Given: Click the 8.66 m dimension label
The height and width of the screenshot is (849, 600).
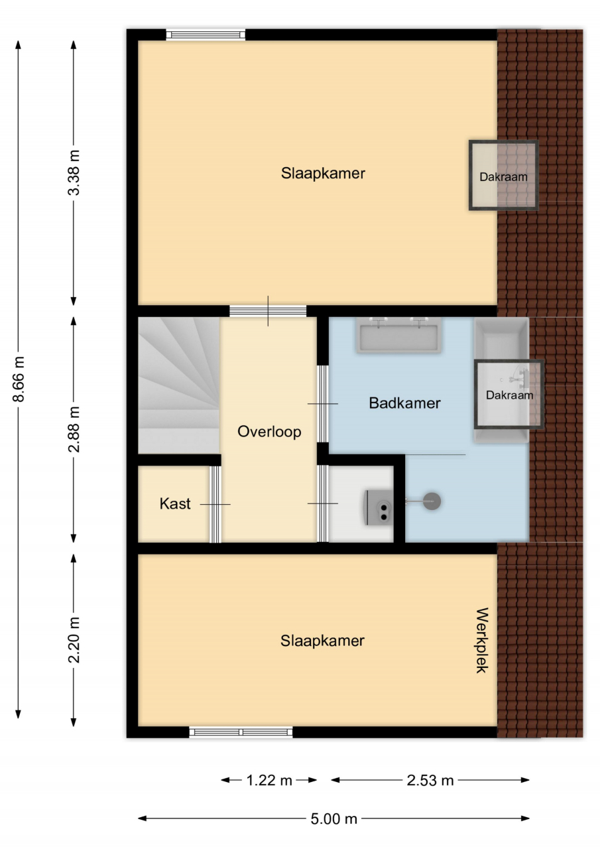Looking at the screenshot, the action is point(19,379).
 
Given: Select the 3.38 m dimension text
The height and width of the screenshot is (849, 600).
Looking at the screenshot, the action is point(74,173).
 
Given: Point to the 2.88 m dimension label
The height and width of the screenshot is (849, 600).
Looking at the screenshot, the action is point(74,429).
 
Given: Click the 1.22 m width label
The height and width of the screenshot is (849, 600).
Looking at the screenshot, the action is point(269,781).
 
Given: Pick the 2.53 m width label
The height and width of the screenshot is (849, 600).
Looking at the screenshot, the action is point(430,781).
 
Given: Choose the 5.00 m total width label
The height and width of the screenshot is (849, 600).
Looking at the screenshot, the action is point(333,818).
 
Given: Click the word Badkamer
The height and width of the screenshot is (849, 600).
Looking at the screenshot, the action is point(404,403).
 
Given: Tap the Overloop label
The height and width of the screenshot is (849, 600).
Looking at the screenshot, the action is point(269,432).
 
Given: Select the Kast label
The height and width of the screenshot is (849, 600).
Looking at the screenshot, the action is point(175,503).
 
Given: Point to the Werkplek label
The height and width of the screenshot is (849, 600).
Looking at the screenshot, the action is point(482,640).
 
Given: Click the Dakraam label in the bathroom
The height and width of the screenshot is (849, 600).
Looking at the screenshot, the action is point(509,395).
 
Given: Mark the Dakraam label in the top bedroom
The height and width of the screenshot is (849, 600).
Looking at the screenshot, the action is point(503,177).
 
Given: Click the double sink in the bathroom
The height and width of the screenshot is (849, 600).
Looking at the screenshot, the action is point(399,335).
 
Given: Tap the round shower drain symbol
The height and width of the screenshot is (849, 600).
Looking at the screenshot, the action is point(432,501).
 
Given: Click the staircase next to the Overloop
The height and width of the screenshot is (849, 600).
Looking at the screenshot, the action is point(179,385).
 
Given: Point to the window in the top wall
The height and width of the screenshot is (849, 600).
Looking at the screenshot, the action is point(206,35).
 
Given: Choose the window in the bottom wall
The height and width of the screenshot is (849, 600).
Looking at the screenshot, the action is point(241,732).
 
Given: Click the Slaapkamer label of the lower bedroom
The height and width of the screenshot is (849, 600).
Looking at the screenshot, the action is point(322,641).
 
